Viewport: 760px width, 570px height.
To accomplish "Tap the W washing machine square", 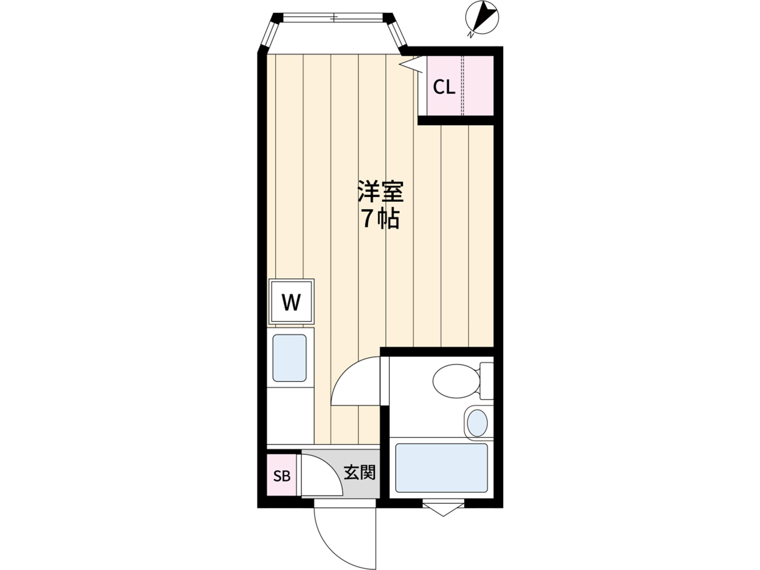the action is [x=291, y=301].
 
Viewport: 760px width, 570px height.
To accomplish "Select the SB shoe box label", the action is [x=282, y=476].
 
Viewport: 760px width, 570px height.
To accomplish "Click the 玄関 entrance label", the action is [x=360, y=472].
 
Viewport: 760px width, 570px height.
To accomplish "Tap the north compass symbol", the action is [x=482, y=17].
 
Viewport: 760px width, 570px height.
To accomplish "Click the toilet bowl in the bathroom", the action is [x=456, y=381].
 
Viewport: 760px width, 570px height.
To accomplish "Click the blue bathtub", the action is [x=441, y=468].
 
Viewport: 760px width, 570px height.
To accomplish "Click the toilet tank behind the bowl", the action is [x=487, y=381].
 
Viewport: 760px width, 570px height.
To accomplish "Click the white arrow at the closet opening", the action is [x=411, y=64].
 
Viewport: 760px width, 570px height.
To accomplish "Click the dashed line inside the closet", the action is [x=463, y=85].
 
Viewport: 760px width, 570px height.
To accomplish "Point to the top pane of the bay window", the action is [x=332, y=18].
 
